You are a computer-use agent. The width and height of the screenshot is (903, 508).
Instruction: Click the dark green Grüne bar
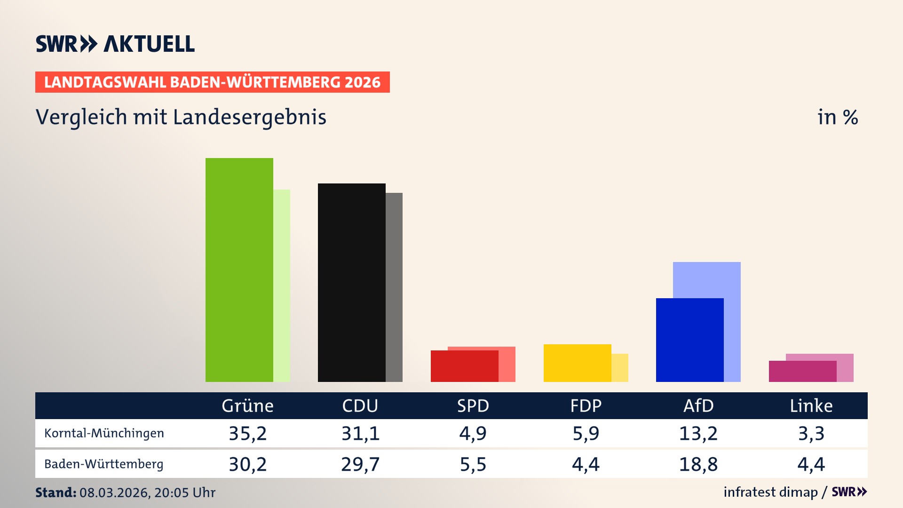(239, 270)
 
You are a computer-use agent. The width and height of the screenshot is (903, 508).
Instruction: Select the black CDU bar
(351, 282)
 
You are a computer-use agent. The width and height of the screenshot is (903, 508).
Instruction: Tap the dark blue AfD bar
(689, 340)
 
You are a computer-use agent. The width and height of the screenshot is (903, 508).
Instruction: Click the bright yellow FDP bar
(577, 363)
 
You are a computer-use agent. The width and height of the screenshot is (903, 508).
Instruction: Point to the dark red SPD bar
(464, 366)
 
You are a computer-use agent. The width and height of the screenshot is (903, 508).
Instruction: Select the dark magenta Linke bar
(802, 371)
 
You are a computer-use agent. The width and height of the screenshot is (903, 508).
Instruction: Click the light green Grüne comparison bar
(282, 285)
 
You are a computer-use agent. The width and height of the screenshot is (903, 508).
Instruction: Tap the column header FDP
(586, 405)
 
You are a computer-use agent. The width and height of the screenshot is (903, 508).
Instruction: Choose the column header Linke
(811, 405)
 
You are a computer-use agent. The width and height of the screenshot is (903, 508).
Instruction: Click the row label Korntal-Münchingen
(104, 433)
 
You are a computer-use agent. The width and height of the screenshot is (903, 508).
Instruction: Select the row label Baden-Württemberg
(104, 464)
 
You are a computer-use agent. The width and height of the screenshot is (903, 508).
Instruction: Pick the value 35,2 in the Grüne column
(247, 433)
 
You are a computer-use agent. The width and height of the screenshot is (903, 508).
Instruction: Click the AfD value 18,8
(698, 464)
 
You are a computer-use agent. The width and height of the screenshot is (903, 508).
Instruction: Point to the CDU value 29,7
(360, 464)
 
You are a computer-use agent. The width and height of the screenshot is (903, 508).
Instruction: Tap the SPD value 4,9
(473, 433)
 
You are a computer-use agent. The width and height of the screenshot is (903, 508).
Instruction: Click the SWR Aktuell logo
(115, 44)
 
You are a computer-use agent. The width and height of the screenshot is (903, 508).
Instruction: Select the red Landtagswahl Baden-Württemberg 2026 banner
(212, 82)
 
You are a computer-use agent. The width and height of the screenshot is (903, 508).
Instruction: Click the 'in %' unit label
(837, 117)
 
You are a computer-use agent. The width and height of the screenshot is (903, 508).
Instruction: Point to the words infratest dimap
(770, 492)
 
